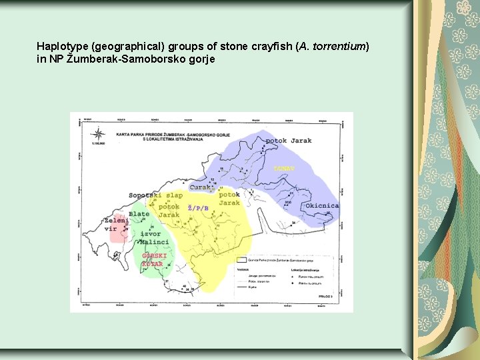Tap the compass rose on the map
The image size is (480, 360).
pyautogui.click(x=98, y=133)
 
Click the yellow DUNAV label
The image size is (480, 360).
pyautogui.click(x=283, y=169)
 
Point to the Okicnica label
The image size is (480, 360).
pyautogui.click(x=322, y=206)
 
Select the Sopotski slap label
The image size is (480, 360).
pyautogui.click(x=155, y=195)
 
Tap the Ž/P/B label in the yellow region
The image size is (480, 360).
pyautogui.click(x=198, y=208)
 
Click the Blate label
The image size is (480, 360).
pyautogui.click(x=139, y=215)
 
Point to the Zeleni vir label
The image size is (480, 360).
pyautogui.click(x=117, y=225)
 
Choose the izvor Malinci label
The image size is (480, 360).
pyautogui.click(x=154, y=238)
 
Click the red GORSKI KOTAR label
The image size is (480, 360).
pyautogui.click(x=153, y=259)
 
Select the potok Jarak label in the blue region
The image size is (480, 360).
pyautogui.click(x=289, y=141)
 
